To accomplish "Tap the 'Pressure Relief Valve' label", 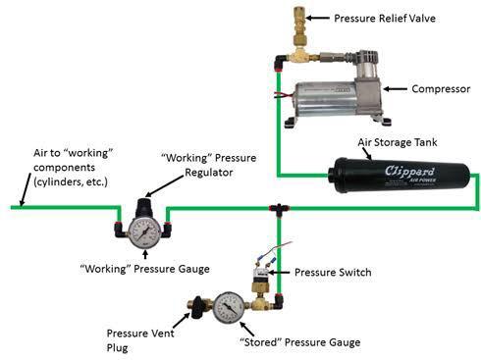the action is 385,18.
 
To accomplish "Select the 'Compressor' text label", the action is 441,88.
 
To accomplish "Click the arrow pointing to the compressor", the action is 396,88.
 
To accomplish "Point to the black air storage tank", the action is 399,176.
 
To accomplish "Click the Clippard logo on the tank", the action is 409,171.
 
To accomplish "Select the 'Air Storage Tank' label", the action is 398,142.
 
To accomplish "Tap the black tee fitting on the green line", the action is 279,209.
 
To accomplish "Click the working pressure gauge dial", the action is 144,232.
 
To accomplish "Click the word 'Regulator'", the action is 209,172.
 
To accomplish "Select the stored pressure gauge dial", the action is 229,308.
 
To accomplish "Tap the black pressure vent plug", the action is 196,307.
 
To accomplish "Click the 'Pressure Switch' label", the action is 333,273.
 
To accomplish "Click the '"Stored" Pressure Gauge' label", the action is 300,342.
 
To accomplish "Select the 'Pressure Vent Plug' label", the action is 140,340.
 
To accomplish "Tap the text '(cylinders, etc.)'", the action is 71,181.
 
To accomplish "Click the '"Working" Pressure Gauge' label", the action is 144,269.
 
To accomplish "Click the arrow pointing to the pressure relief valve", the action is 317,18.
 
